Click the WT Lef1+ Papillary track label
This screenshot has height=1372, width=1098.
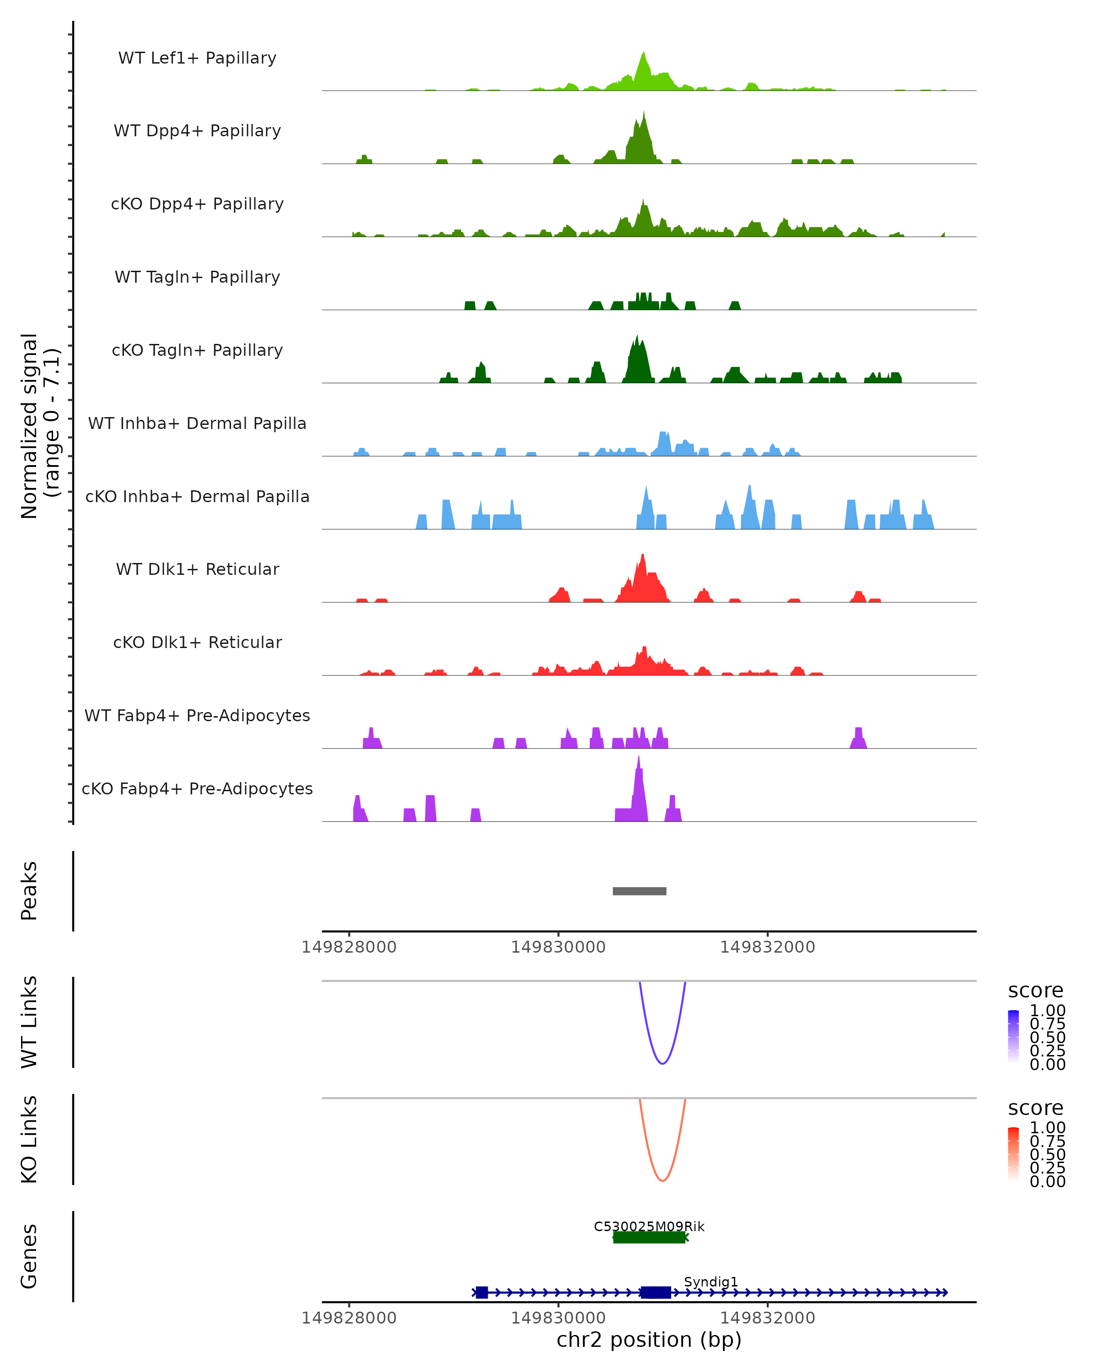(x=197, y=58)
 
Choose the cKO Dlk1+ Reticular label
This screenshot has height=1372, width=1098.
(x=197, y=642)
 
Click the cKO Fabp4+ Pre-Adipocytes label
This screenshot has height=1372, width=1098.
(x=197, y=788)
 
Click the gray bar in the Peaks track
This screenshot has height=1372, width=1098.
(x=639, y=891)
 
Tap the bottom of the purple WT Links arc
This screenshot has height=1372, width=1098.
(x=662, y=1063)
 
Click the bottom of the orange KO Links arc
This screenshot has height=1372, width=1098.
(x=662, y=1180)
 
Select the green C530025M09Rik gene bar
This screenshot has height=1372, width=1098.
(x=649, y=1237)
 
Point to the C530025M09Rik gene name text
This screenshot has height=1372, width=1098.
(x=649, y=1226)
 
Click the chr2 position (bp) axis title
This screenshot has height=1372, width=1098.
(x=649, y=1340)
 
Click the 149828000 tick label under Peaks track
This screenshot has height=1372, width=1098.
(x=349, y=947)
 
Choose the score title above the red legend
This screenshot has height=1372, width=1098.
(x=1035, y=1108)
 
